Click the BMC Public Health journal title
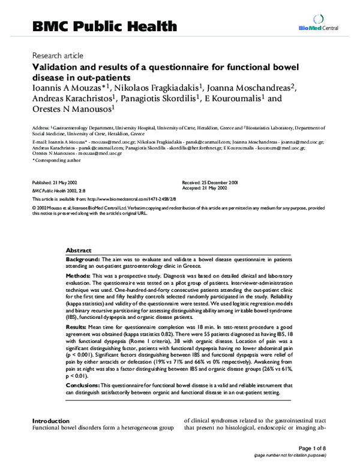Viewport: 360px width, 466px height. click(x=104, y=26)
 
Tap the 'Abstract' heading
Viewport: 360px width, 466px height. click(x=79, y=249)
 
